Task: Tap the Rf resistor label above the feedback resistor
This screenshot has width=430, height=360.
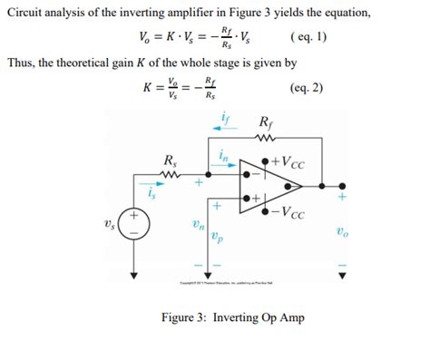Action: click(x=265, y=122)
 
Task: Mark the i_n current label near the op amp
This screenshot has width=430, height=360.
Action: click(x=222, y=155)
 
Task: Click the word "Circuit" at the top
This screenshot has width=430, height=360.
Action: click(x=24, y=12)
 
